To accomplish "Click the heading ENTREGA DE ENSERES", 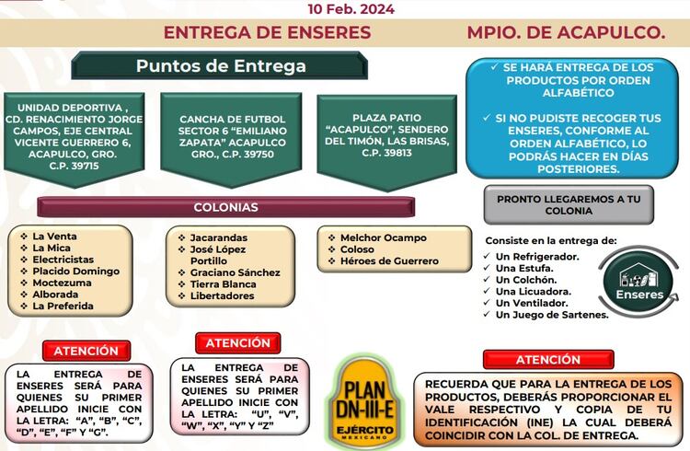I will pyautogui.click(x=267, y=32).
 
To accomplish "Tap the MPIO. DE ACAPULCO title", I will pyautogui.click(x=565, y=32).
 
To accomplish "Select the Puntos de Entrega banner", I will pyautogui.click(x=221, y=66).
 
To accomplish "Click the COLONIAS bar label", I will pyautogui.click(x=225, y=207).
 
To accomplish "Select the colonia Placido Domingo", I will pyautogui.click(x=75, y=272).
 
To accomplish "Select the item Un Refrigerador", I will pyautogui.click(x=537, y=256).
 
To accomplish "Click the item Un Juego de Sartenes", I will pyautogui.click(x=552, y=315).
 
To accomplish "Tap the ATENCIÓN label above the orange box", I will pyautogui.click(x=548, y=360).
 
